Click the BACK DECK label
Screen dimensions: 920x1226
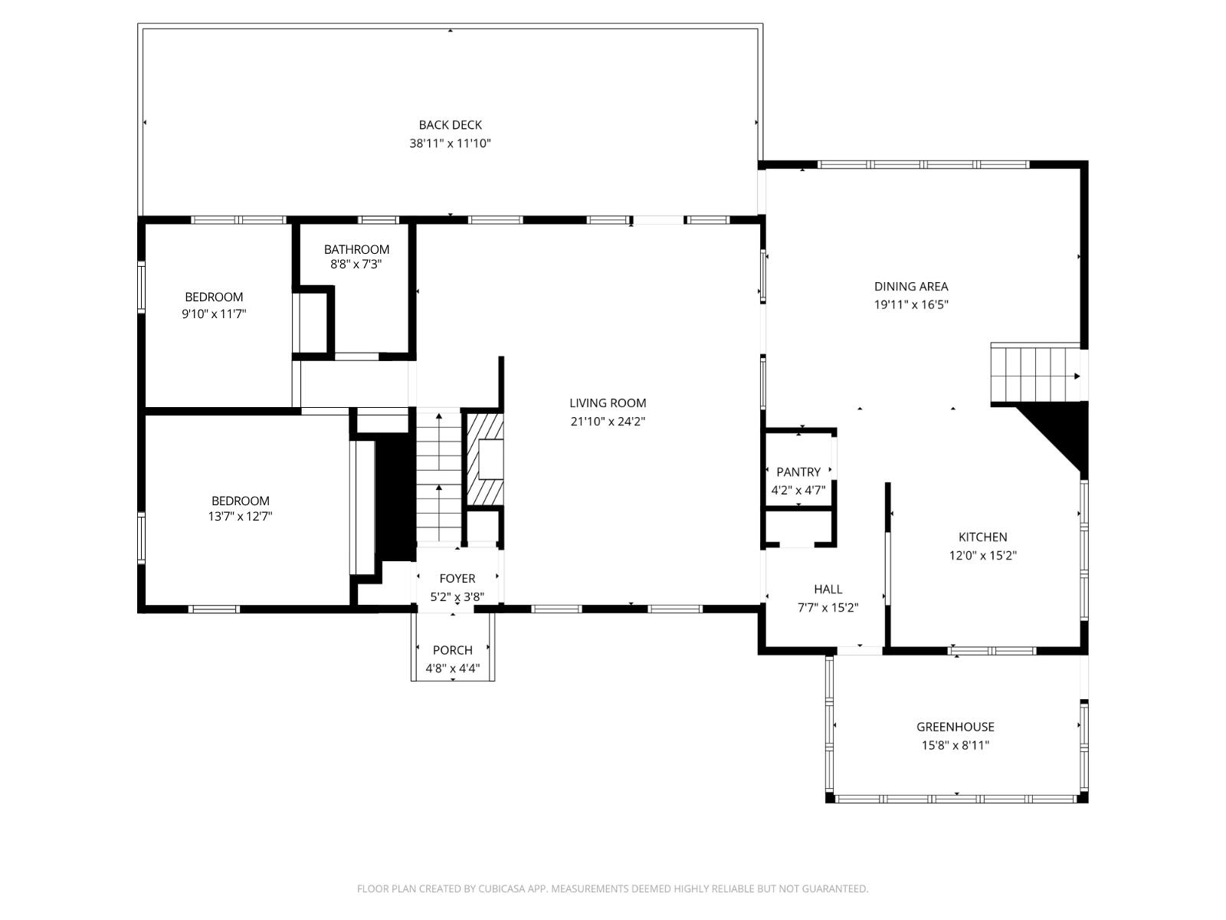click(450, 125)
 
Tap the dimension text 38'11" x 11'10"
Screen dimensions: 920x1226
click(450, 143)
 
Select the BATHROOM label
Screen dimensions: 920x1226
click(356, 249)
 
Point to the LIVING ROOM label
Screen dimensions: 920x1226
click(608, 403)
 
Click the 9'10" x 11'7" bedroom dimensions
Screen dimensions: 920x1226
click(214, 314)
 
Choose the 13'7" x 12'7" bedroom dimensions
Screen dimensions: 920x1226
click(240, 517)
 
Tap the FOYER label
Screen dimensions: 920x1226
click(457, 579)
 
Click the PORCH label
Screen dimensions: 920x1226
click(452, 650)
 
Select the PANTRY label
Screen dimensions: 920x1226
click(798, 472)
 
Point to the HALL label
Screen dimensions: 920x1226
click(828, 590)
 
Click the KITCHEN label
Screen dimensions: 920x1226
click(982, 537)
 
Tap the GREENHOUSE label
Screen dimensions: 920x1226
click(955, 727)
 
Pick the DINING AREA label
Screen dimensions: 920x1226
click(910, 287)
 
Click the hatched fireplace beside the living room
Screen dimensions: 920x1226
click(485, 460)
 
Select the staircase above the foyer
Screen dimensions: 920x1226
click(438, 475)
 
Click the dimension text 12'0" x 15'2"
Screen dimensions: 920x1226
click(982, 556)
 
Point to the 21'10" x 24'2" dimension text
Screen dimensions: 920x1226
click(608, 422)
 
